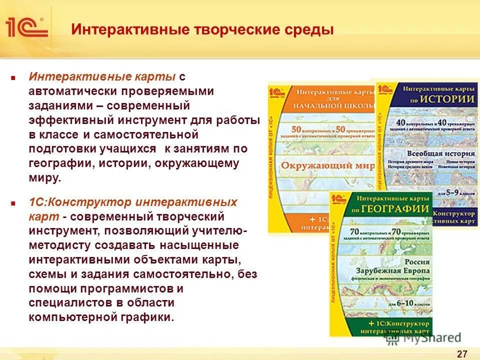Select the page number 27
pos(462,354)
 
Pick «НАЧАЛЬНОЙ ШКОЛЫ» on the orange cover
pos(333,105)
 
